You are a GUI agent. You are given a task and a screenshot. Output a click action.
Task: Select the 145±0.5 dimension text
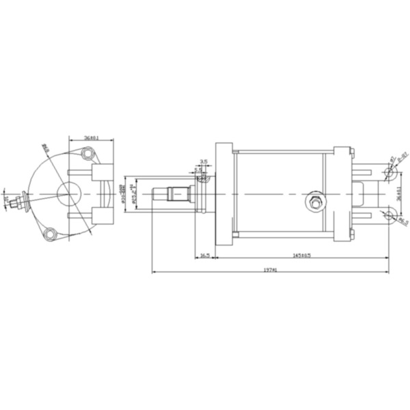pos(302,255)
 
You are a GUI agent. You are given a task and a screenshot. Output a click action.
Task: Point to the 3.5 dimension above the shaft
pos(203,162)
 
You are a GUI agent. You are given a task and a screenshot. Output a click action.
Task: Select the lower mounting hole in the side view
pos(388,216)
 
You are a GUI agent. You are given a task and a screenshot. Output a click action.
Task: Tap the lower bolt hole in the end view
pos(49,234)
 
